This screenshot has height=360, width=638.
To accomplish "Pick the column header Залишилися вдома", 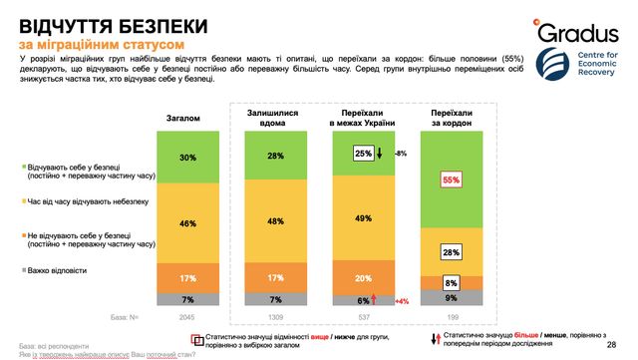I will pyautogui.click(x=271, y=119).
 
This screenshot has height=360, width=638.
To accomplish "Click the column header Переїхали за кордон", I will pyautogui.click(x=452, y=119).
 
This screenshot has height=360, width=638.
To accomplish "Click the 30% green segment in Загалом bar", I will pyautogui.click(x=185, y=158).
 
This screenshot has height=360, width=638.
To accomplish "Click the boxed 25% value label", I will pyautogui.click(x=363, y=154).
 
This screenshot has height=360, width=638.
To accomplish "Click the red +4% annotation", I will pyautogui.click(x=403, y=300).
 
